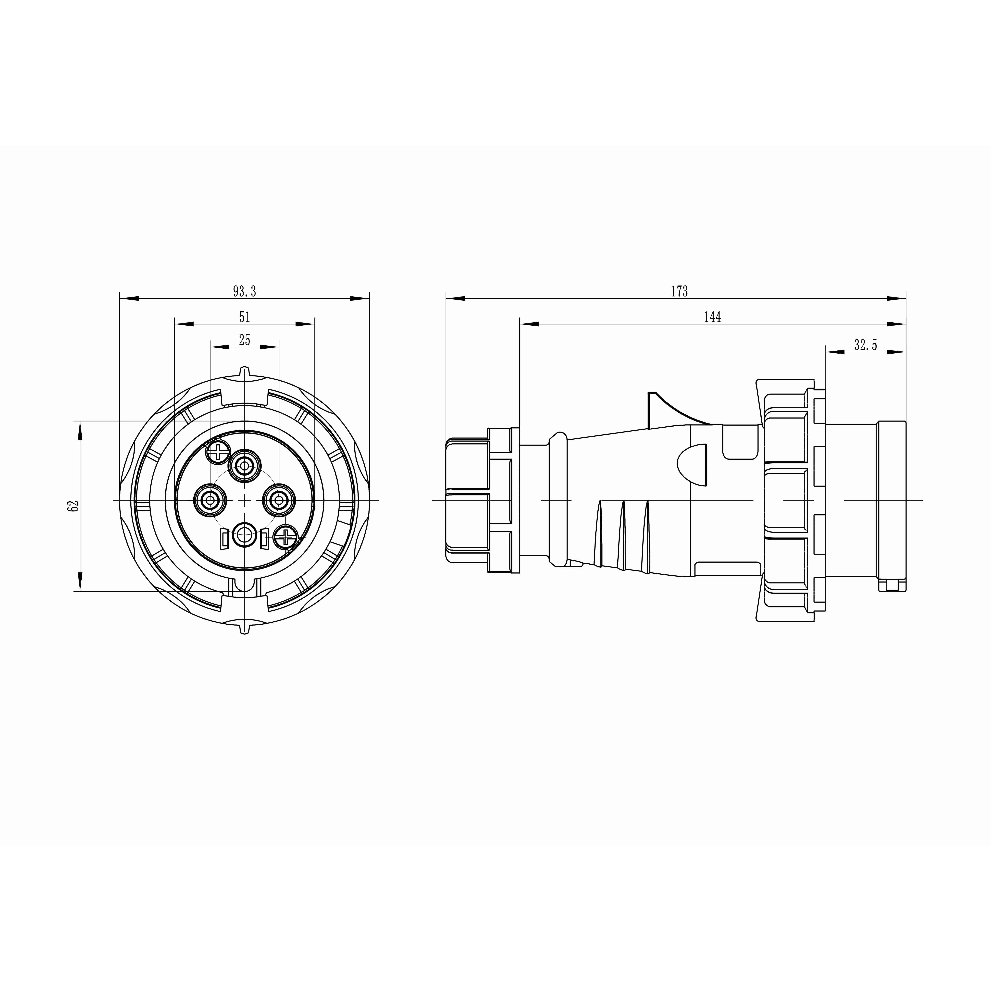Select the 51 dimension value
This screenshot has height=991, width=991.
(245, 317)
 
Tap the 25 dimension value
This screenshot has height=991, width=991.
(245, 340)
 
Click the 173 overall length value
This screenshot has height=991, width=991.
(679, 291)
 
